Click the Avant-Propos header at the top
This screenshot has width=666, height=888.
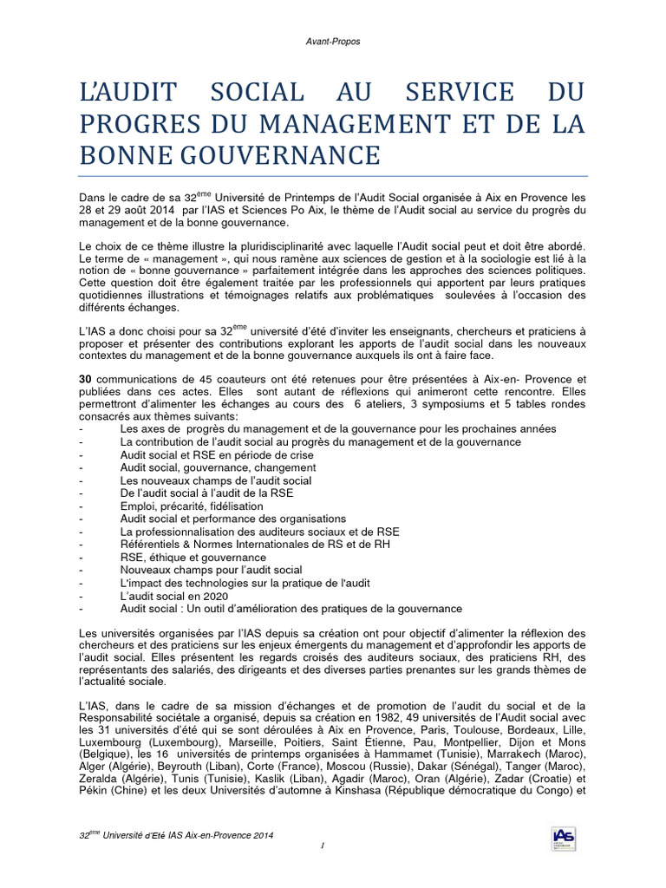click(x=332, y=40)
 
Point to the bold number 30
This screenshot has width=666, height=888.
click(x=85, y=379)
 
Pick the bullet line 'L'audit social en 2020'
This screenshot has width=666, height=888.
click(x=174, y=596)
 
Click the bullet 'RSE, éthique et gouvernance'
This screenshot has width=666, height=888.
click(x=193, y=557)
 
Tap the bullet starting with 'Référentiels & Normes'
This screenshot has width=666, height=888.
click(x=256, y=544)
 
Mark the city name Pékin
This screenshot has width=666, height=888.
click(x=94, y=791)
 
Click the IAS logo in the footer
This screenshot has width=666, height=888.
click(x=563, y=838)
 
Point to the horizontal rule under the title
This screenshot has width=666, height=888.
click(x=332, y=174)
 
